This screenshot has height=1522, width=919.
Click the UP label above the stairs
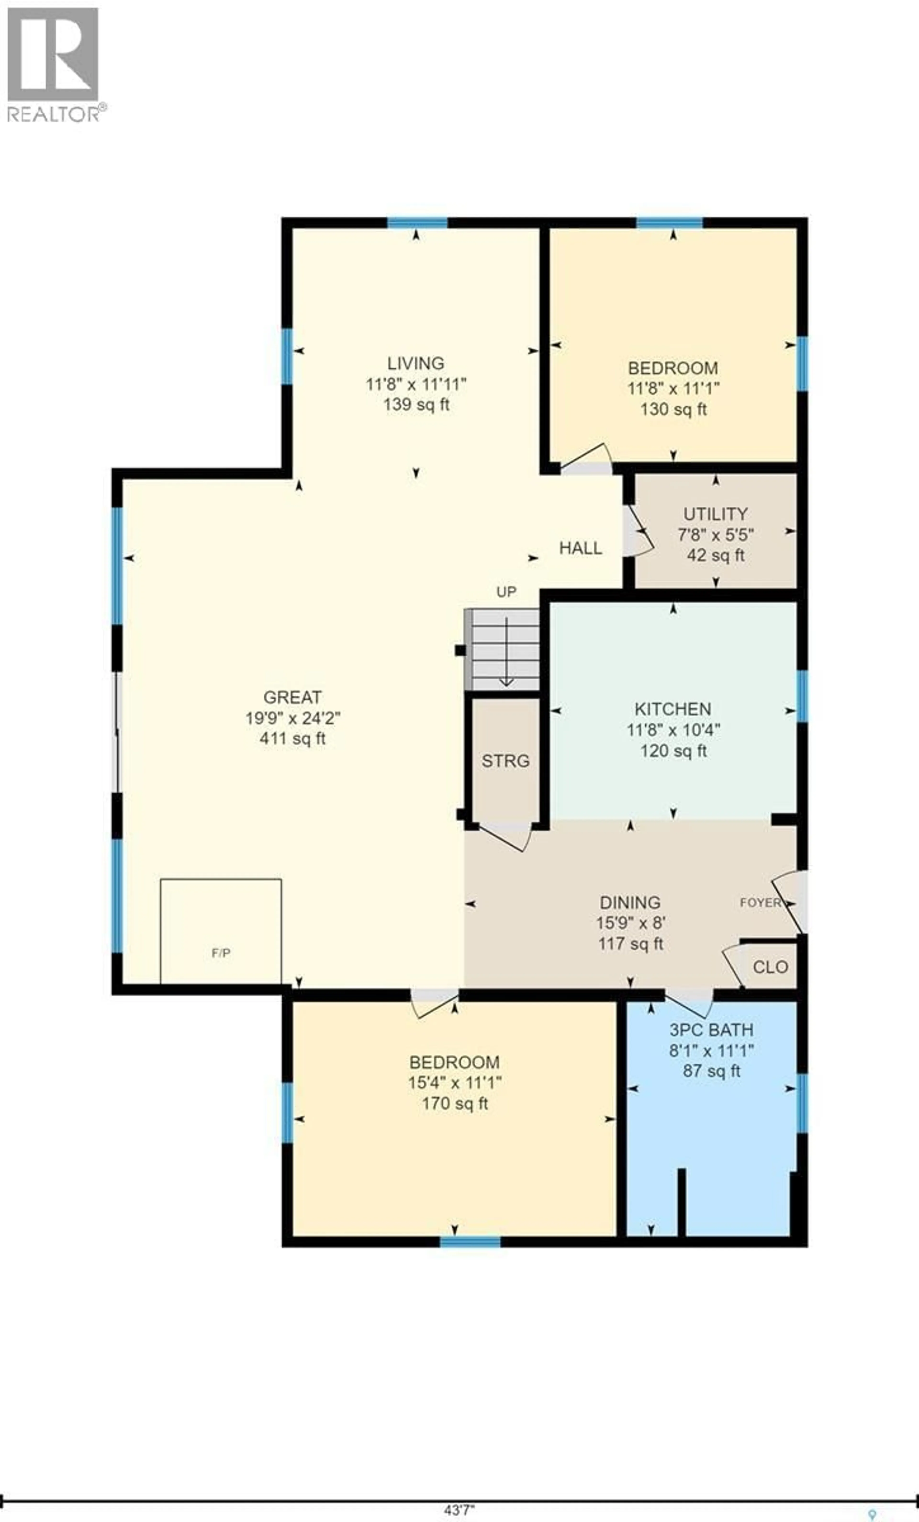point(506,592)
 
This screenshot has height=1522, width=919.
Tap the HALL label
point(580,548)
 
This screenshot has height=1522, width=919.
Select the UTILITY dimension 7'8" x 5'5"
point(716,534)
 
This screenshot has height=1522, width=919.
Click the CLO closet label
point(770,967)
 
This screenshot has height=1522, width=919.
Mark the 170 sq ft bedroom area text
point(455,1103)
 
